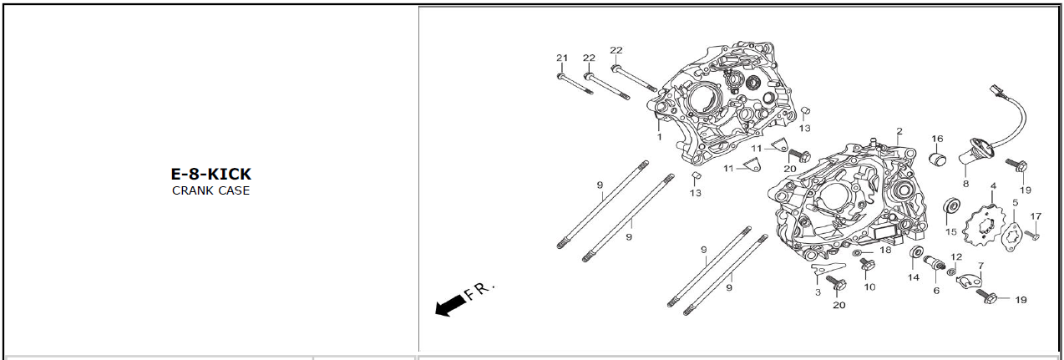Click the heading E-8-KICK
pos(211,175)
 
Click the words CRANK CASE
pos(211,190)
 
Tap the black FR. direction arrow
pos(450,305)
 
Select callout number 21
pos(562,58)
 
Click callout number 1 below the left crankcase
pos(659,137)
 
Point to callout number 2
pos(899,131)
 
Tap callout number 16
pos(937,139)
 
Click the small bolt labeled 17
pos(1031,235)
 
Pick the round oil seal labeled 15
pos(951,205)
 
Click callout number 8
pos(965,183)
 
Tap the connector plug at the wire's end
pos(996,91)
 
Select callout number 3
pos(818,292)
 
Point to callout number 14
pos(914,277)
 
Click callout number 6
pos(936,291)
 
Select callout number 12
pos(956,257)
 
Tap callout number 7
pos(980,266)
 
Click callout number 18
pos(885,250)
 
